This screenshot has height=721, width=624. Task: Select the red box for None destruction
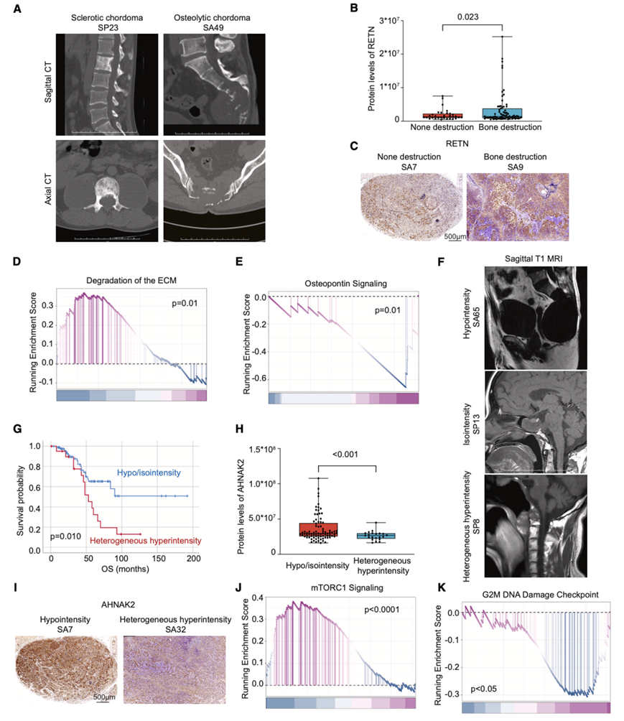pos(442,115)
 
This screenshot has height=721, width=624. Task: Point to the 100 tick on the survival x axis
pos(121,557)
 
